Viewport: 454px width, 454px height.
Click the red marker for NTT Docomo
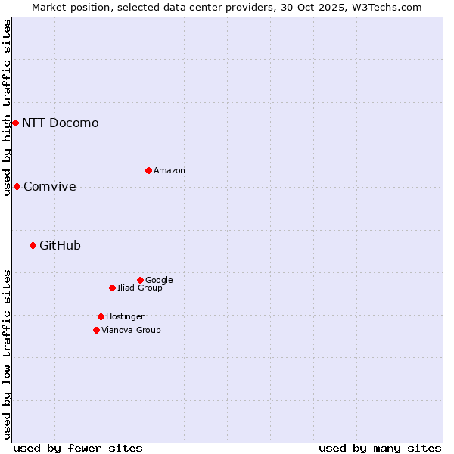click(15, 123)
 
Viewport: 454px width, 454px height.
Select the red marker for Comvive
click(17, 186)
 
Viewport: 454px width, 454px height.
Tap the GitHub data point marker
click(33, 245)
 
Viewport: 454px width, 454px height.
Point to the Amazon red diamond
click(148, 170)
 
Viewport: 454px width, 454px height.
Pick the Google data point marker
click(140, 280)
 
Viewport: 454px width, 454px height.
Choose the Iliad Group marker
click(112, 288)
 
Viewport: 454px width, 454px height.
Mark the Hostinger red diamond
click(101, 316)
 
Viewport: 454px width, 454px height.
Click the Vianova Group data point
click(96, 330)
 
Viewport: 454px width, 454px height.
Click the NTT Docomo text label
click(61, 123)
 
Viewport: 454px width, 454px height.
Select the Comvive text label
click(50, 186)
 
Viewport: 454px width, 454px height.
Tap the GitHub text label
click(61, 245)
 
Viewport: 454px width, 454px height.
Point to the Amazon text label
click(169, 170)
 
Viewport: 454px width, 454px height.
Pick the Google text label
click(159, 280)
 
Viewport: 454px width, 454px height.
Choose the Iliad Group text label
click(140, 288)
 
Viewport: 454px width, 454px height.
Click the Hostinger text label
click(125, 316)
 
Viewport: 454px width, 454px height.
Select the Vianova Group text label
click(131, 330)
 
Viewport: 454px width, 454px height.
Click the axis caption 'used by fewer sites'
click(78, 448)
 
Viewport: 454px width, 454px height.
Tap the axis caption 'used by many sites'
click(380, 448)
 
